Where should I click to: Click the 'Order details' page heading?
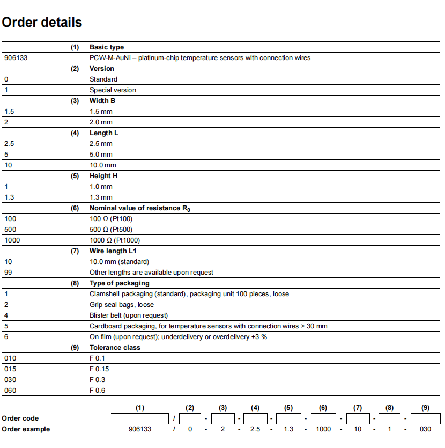click(42, 23)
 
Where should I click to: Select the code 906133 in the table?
click(16, 58)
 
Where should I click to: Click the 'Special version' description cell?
click(113, 90)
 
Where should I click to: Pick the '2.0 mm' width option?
click(101, 122)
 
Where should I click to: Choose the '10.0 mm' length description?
click(102, 165)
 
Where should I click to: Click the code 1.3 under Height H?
click(9, 197)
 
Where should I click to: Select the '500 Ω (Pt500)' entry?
click(111, 230)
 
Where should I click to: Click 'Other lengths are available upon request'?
click(151, 273)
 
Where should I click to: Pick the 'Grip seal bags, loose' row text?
click(122, 305)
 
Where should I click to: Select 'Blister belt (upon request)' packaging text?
click(129, 315)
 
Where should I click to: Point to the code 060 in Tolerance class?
click(10, 391)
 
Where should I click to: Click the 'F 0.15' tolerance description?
click(99, 369)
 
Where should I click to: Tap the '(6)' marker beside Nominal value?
click(75, 208)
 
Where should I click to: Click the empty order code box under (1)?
click(140, 418)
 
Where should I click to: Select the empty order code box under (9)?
click(425, 418)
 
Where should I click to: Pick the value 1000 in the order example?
click(323, 429)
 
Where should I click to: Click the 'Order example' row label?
click(26, 429)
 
